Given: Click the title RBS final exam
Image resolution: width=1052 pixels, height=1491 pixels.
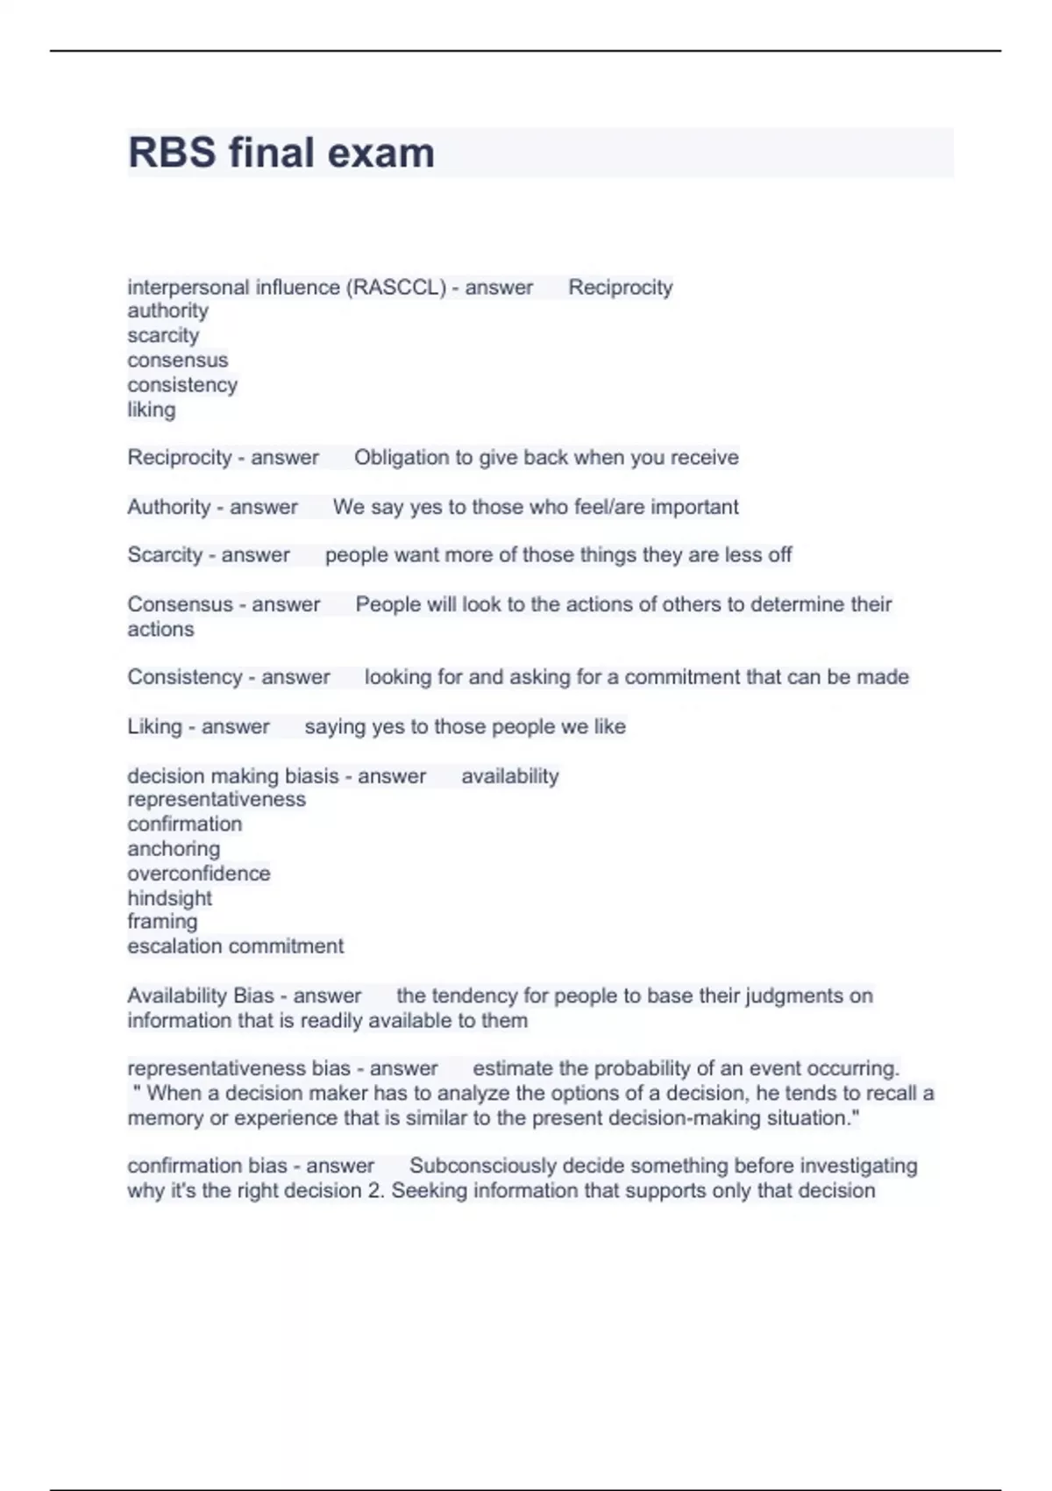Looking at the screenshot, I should pos(281,153).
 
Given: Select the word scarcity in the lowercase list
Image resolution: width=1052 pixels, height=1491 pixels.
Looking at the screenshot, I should pos(163,336).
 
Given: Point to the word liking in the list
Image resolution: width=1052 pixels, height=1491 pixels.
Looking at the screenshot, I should pos(151,410).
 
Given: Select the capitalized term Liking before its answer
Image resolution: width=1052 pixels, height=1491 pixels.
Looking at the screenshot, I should pos(154,727).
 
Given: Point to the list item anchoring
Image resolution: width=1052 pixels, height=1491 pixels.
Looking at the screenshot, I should pos(174,849).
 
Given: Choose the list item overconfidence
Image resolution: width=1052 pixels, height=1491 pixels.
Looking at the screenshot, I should pos(199,874).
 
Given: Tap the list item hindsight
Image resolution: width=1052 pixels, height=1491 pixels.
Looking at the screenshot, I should pos(169,898).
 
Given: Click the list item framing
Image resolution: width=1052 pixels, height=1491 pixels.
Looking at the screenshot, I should pos(162,922).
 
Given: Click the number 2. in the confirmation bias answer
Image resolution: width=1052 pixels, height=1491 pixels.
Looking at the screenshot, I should pos(376,1191).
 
